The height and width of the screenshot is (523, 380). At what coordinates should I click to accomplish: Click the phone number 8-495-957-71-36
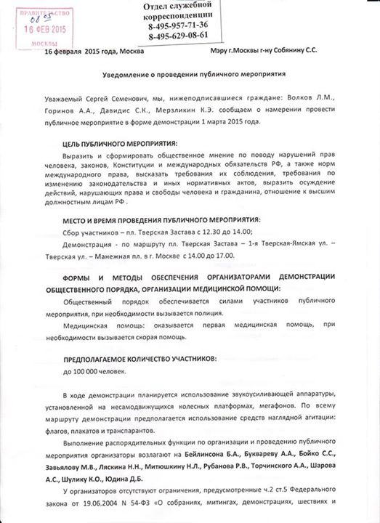click(187, 25)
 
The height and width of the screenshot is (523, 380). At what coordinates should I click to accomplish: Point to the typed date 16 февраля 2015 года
click(80, 52)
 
